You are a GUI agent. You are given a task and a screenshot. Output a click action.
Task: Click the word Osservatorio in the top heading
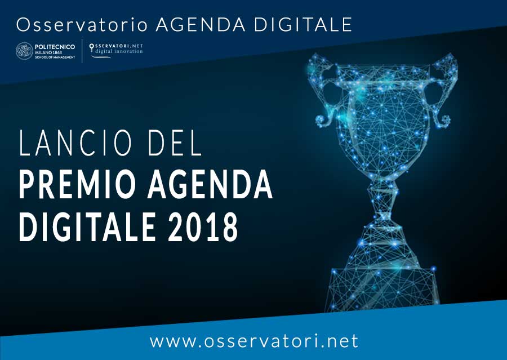tap(82, 24)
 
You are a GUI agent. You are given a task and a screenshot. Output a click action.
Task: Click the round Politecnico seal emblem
tap(24, 51)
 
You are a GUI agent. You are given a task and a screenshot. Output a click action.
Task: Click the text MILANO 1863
tap(48, 52)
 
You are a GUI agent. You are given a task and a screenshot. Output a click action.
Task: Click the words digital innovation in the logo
tap(119, 52)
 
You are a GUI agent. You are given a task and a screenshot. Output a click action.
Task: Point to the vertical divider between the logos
tap(82, 51)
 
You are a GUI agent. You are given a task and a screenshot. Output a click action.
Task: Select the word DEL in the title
tap(174, 144)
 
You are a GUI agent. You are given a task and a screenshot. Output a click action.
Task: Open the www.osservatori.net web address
tap(253, 341)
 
